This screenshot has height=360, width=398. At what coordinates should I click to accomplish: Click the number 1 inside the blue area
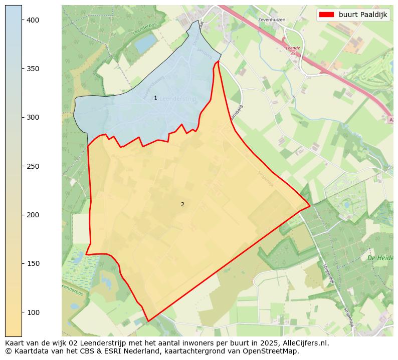tap(155, 98)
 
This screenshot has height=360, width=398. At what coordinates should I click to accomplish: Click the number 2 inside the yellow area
tap(182, 204)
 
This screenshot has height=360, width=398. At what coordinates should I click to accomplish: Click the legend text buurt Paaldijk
tap(366, 15)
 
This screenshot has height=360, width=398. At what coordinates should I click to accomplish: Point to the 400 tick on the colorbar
tap(33, 20)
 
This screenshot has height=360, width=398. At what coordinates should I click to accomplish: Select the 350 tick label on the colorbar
tap(33, 69)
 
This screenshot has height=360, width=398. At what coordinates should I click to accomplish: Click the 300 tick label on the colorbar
tap(33, 117)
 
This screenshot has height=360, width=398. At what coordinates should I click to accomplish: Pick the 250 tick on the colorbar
tap(33, 166)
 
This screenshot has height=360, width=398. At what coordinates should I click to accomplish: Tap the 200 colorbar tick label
tap(33, 215)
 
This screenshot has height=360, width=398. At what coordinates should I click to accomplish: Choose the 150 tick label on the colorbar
tap(33, 263)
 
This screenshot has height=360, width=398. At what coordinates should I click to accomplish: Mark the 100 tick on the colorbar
tap(33, 312)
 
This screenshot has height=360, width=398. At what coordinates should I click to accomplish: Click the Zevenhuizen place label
tap(271, 20)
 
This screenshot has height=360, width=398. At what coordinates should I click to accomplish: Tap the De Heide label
tap(379, 258)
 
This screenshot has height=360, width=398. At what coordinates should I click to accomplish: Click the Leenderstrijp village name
tap(178, 99)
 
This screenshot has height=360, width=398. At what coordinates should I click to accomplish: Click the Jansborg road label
tap(237, 112)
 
